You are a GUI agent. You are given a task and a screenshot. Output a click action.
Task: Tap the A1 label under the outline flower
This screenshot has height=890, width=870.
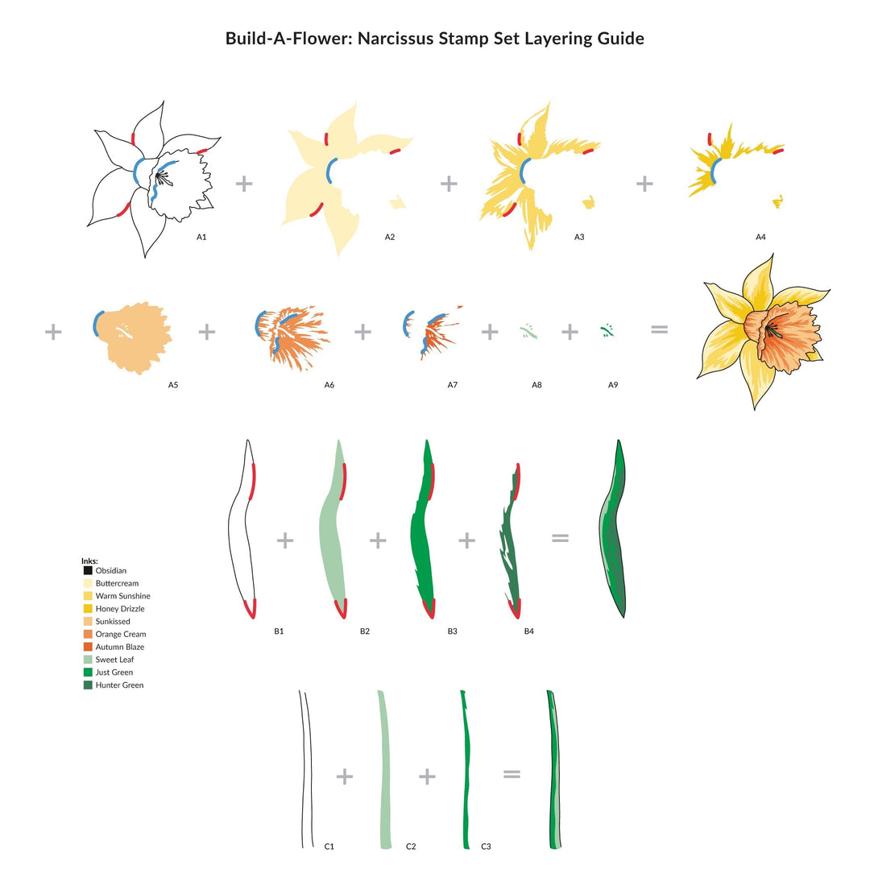[201, 237]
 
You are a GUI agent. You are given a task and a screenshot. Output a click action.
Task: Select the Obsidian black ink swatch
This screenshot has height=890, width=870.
[88, 570]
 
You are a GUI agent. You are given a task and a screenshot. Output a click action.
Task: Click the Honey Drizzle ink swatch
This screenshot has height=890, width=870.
[88, 608]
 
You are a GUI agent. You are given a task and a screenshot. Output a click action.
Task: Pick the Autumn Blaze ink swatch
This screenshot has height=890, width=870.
[88, 647]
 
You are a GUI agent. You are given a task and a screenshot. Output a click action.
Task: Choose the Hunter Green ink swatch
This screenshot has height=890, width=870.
[88, 685]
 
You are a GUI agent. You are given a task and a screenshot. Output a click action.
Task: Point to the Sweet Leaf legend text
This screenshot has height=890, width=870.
[114, 660]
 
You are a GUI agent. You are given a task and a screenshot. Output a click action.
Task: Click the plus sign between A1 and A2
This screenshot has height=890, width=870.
[244, 184]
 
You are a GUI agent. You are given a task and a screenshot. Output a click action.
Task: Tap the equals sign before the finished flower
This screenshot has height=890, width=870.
[659, 329]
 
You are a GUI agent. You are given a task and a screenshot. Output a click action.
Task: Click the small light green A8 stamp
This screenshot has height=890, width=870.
[528, 332]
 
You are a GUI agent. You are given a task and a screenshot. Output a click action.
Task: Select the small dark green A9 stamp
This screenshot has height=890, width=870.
[607, 330]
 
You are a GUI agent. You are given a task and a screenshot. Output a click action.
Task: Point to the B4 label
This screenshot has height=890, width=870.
[529, 631]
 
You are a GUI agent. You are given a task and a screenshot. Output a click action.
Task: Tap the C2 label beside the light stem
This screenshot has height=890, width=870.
[411, 847]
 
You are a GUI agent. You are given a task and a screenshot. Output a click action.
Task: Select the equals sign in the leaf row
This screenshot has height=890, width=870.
[560, 537]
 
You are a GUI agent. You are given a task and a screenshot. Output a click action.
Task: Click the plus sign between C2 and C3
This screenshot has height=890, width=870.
[427, 776]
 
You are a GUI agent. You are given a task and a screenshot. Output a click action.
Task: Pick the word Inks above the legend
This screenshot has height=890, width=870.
[89, 561]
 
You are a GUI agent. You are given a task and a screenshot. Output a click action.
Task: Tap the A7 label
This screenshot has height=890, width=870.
[452, 385]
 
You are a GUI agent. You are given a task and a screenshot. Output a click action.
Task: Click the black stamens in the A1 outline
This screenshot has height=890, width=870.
[162, 178]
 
